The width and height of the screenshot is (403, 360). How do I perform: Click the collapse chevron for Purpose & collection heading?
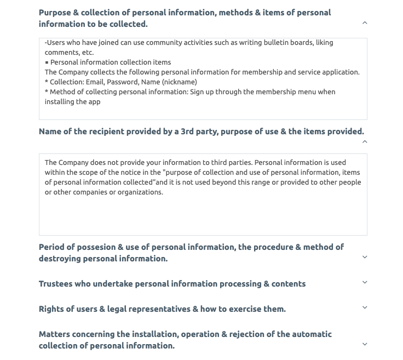click(x=365, y=23)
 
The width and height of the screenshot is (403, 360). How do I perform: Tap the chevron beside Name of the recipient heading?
click(x=365, y=142)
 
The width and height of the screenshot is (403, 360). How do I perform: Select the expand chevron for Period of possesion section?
click(x=365, y=257)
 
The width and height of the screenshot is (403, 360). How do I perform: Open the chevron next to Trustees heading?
click(x=365, y=282)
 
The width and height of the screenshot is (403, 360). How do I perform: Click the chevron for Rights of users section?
click(x=365, y=307)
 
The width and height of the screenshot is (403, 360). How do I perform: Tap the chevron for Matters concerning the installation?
click(x=365, y=344)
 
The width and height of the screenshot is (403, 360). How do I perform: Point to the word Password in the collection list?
click(x=122, y=82)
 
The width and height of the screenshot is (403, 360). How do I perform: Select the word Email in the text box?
click(x=95, y=82)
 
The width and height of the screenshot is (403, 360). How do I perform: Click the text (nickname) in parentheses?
click(x=180, y=82)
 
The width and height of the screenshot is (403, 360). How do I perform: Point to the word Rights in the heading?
click(x=53, y=309)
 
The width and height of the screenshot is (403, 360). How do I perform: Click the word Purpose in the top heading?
click(x=57, y=13)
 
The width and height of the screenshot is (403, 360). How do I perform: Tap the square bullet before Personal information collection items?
click(x=47, y=62)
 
